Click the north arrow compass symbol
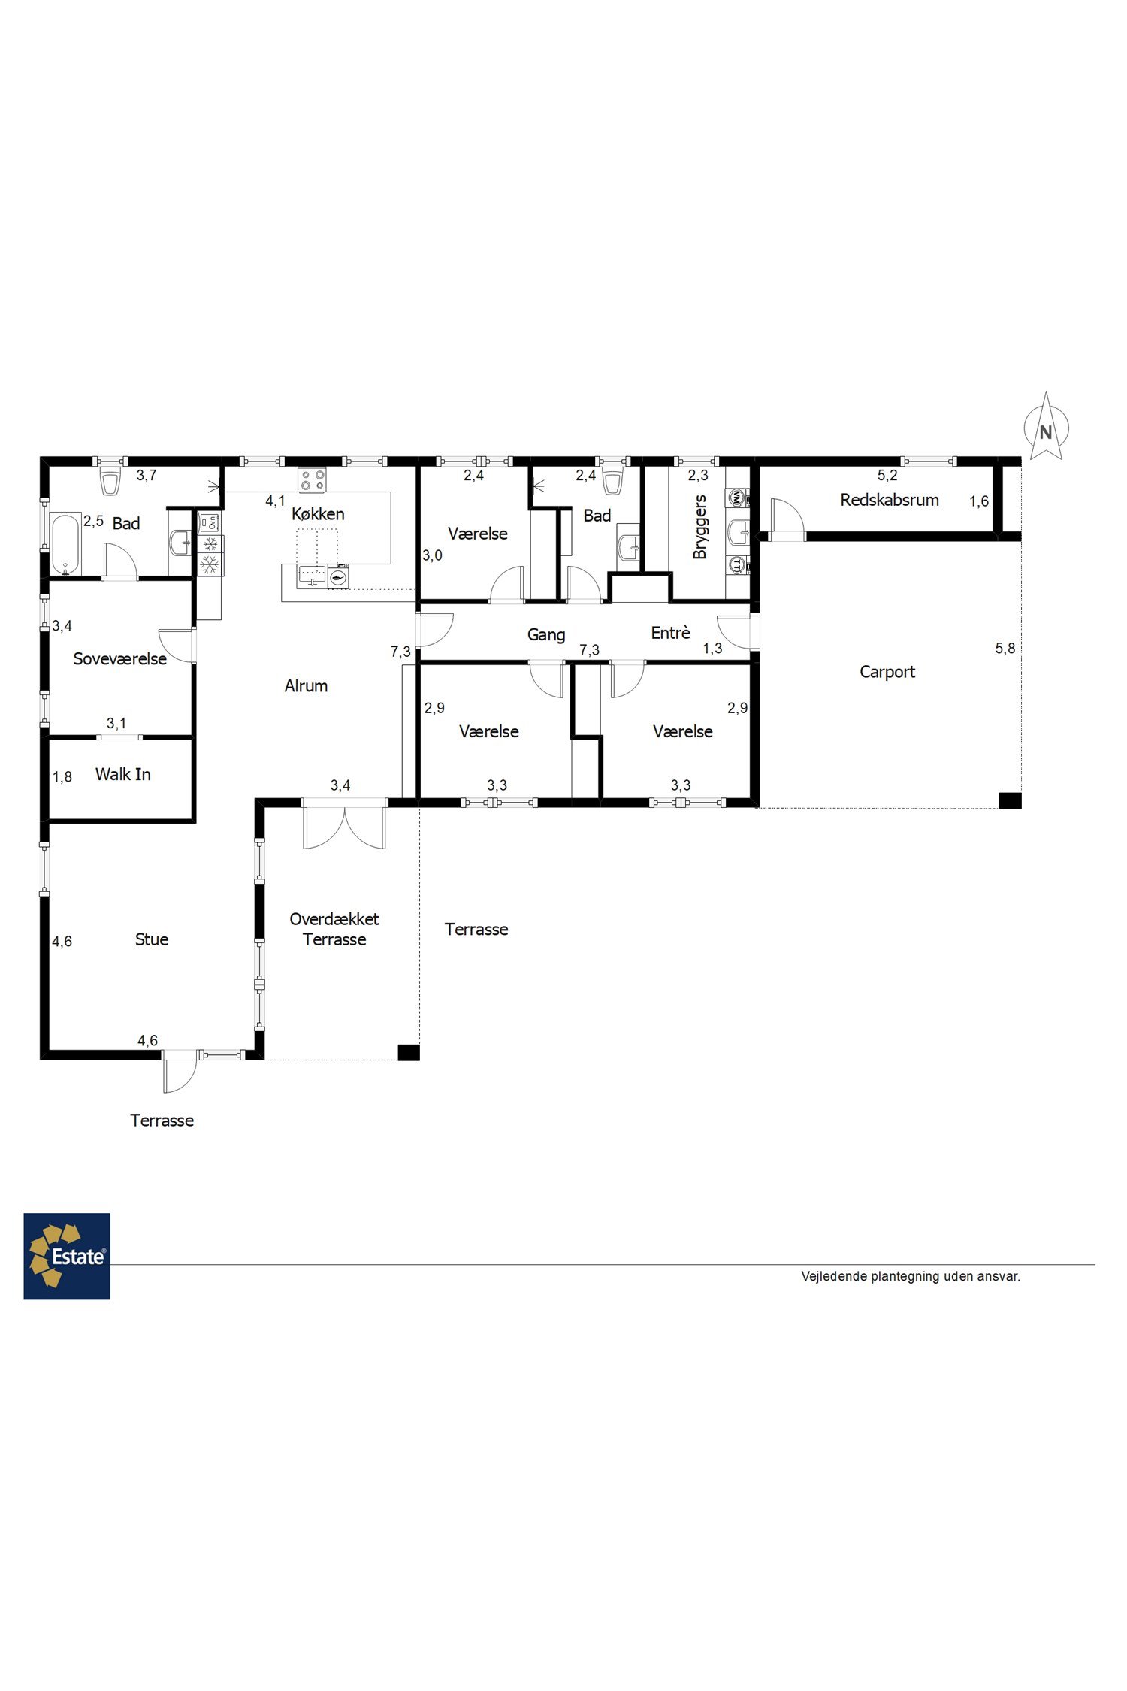point(1045,426)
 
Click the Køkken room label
point(318,514)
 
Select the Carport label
point(887,672)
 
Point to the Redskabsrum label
point(890,500)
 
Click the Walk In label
point(123,774)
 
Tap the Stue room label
point(152,939)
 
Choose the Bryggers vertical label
point(700,527)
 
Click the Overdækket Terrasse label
point(334,929)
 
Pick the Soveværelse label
point(120,659)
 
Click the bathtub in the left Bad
point(66,543)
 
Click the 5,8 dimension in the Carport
point(1005,648)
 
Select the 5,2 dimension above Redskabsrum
point(887,475)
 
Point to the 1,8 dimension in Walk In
point(62,776)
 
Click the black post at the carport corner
point(1010,800)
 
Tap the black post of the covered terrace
point(408,1052)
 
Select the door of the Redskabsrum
point(786,519)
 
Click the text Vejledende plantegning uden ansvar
point(911,1276)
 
